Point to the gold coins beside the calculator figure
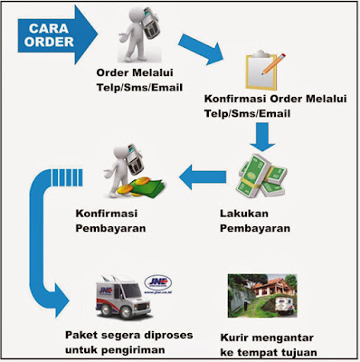pyautogui.click(x=144, y=186)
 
